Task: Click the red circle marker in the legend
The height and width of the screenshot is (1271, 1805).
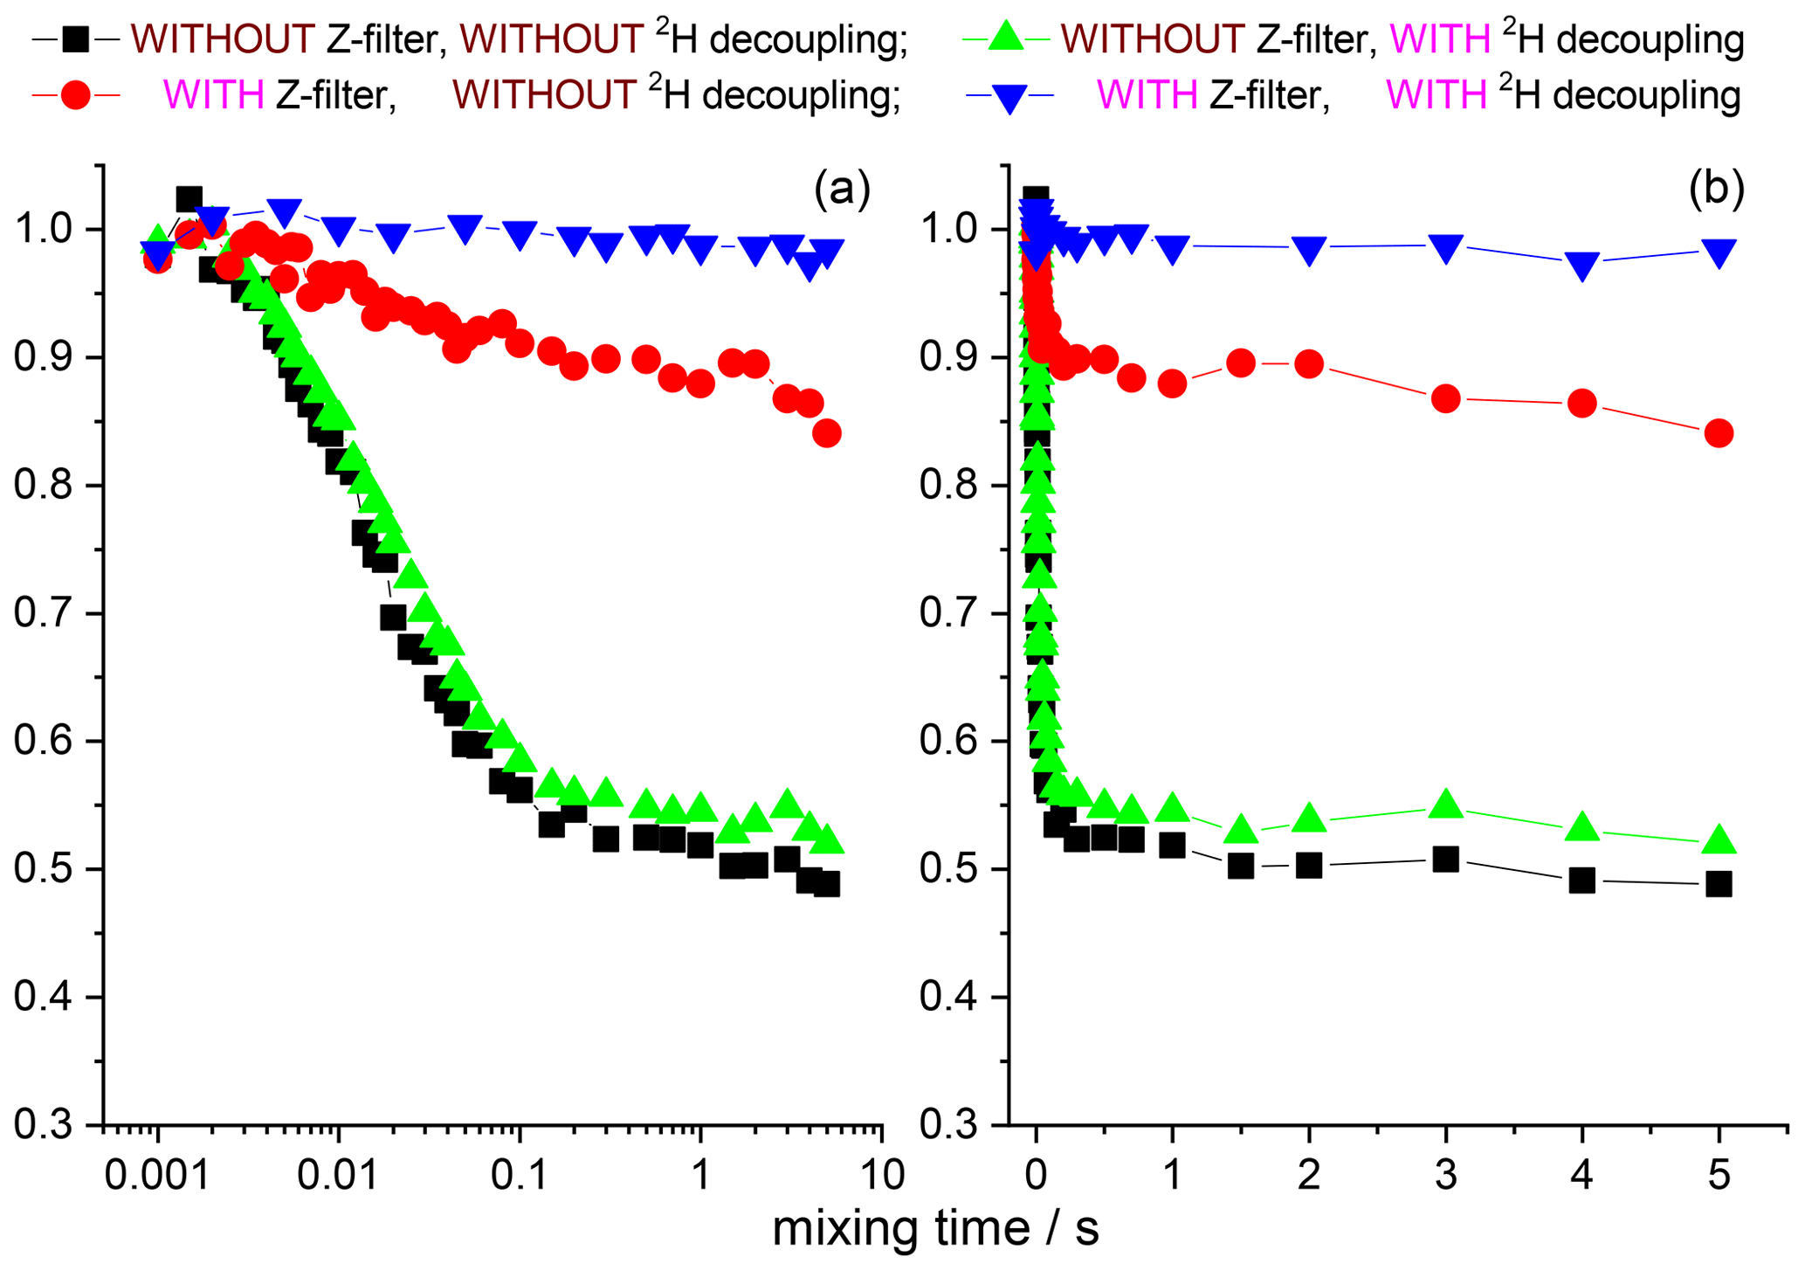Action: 76,95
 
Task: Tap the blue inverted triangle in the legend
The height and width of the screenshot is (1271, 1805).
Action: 1010,97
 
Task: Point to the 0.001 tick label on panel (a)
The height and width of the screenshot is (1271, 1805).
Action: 157,1176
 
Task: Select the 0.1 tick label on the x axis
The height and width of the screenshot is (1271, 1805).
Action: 520,1176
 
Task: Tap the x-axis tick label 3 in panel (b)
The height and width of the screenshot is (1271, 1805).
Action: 1446,1176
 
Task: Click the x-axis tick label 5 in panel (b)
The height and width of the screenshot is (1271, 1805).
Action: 1719,1176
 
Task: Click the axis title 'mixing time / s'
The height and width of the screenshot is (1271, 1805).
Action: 935,1228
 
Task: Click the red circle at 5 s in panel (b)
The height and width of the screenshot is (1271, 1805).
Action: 1719,433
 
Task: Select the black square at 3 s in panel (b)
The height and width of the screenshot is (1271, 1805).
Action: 1446,860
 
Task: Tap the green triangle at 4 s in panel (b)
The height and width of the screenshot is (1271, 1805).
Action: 1582,827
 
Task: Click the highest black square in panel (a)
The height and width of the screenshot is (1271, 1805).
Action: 189,199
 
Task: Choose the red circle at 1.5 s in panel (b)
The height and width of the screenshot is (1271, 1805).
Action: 1241,363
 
